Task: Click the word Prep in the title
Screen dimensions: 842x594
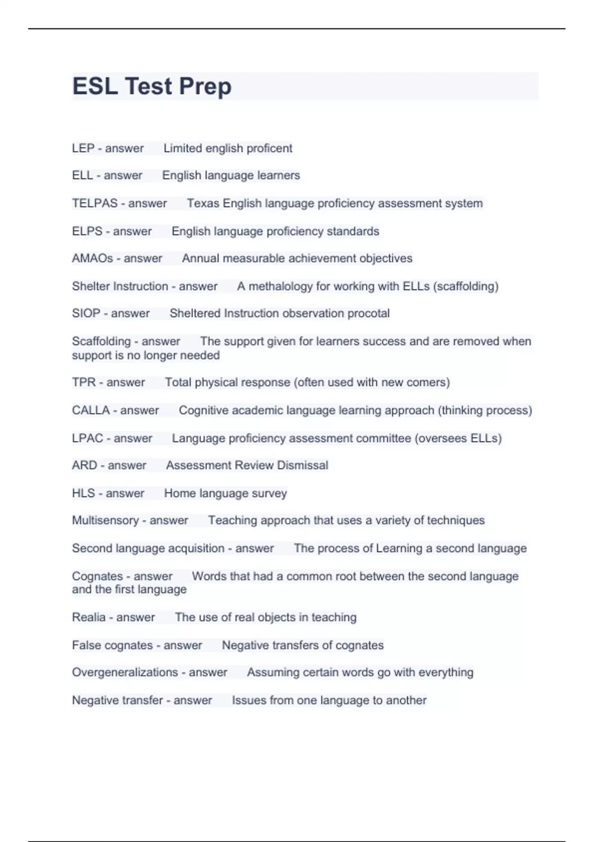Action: (x=205, y=86)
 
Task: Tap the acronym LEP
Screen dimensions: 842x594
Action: (x=83, y=148)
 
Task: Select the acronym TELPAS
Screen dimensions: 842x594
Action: (x=95, y=203)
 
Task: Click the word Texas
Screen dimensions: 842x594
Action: (x=203, y=203)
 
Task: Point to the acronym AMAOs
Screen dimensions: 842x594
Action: (x=93, y=258)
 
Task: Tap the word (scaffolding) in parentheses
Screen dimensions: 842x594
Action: (x=465, y=286)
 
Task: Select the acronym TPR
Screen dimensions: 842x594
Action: (x=84, y=382)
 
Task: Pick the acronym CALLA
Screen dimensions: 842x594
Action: (x=91, y=410)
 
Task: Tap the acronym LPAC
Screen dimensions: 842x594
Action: (x=88, y=438)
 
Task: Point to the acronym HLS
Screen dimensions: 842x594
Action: (x=83, y=493)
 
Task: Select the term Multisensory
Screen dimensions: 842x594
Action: (x=105, y=520)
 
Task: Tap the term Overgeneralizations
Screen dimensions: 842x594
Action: (x=125, y=672)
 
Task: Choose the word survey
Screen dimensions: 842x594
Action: (x=269, y=493)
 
